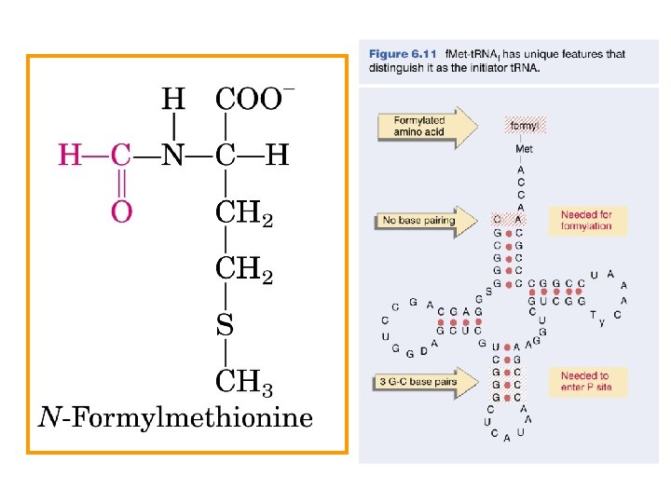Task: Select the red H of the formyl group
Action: click(70, 156)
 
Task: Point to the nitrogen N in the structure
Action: click(173, 156)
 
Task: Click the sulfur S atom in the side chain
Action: click(226, 326)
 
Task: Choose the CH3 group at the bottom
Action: click(244, 382)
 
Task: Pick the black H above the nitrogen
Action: click(173, 99)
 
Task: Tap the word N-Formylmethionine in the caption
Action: click(175, 418)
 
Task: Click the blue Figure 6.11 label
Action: click(403, 54)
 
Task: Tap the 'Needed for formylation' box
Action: click(586, 221)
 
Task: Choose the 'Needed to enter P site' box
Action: click(586, 381)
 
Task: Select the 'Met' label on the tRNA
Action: click(523, 148)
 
